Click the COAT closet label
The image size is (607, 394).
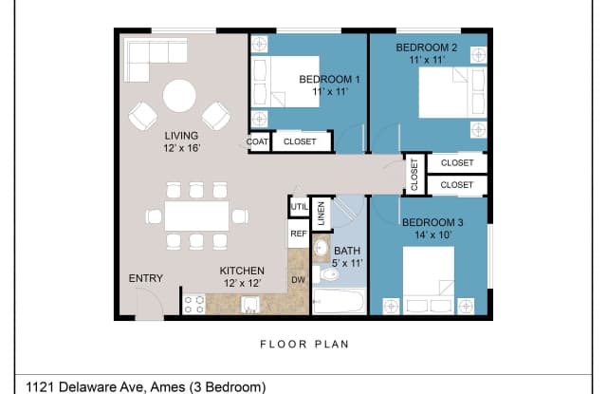pos(257,141)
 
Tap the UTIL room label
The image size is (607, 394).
pos(300,206)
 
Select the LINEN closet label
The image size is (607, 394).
pos(321,214)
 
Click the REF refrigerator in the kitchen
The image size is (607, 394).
pos(299,234)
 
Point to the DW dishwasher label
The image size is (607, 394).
pos(298,280)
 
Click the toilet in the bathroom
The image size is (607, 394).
pos(326,275)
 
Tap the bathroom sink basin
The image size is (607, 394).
pos(321,247)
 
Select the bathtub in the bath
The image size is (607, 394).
pos(339,301)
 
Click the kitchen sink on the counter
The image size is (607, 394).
pos(250,305)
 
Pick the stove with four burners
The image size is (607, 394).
pos(193,304)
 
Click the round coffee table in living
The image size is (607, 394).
pos(179,96)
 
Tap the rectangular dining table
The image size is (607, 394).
pos(196,216)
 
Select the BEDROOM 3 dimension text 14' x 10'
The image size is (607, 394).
pos(432,235)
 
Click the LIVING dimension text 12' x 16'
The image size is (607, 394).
pos(181,148)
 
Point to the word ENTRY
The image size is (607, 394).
pos(145,278)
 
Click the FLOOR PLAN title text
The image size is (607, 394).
pos(304,344)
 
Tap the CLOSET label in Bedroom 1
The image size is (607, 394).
pos(300,141)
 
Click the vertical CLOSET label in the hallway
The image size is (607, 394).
pos(414,175)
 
